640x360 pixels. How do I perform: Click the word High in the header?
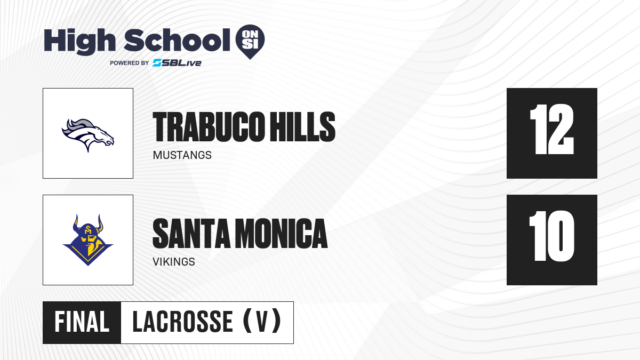tap(80, 42)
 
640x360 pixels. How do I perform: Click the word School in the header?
tap(177, 40)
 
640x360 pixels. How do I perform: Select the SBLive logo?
tap(177, 63)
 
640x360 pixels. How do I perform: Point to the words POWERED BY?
tap(130, 63)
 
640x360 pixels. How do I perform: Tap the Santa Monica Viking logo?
tap(88, 240)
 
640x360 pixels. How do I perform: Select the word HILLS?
tap(302, 127)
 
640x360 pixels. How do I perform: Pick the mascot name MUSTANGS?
tap(182, 155)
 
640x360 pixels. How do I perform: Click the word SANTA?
tap(191, 234)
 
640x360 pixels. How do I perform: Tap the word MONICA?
tap(281, 234)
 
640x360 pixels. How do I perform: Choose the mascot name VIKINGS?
tap(174, 262)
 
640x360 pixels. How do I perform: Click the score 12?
tap(551, 129)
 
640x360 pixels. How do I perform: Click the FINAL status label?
tap(82, 322)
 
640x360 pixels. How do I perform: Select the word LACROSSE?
tap(183, 322)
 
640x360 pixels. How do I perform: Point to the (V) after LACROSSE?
tap(262, 322)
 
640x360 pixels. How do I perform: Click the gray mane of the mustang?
tap(77, 125)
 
